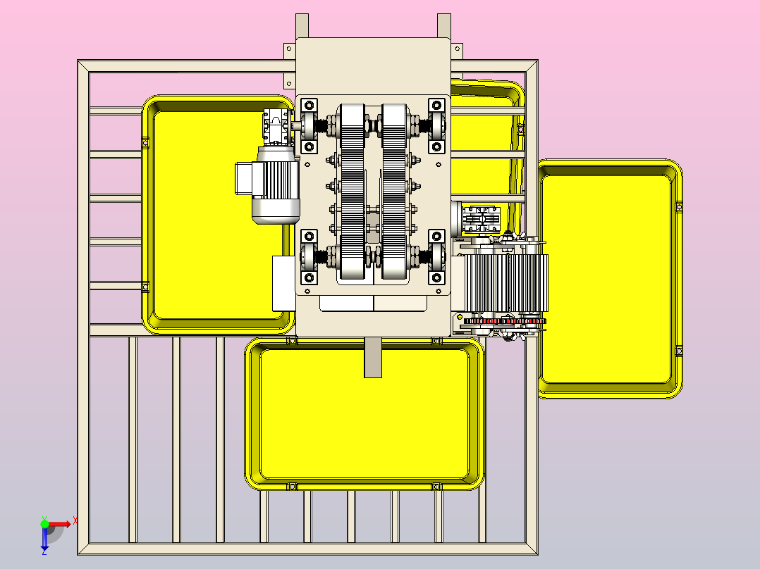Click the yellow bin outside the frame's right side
610,279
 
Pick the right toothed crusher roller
393,192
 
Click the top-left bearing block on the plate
309,126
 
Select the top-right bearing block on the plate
436,126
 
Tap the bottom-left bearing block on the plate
309,256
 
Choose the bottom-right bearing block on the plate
436,256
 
